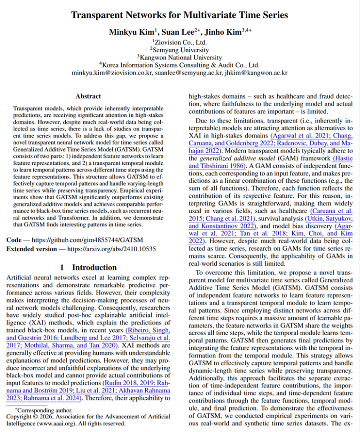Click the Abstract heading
[x=88, y=96]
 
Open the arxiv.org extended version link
[x=114, y=248]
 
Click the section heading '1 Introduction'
[x=88, y=267]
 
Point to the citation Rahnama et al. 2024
[x=54, y=399]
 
